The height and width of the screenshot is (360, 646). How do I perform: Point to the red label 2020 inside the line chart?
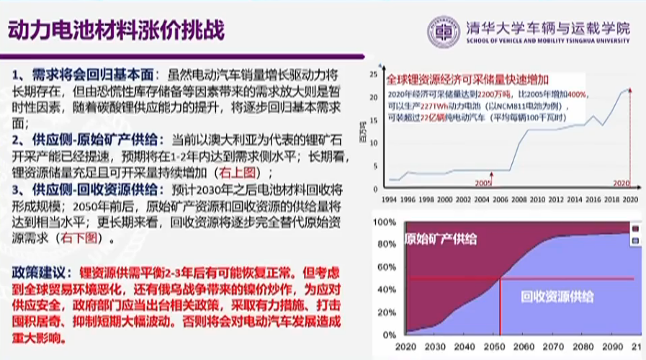(x=622, y=184)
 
